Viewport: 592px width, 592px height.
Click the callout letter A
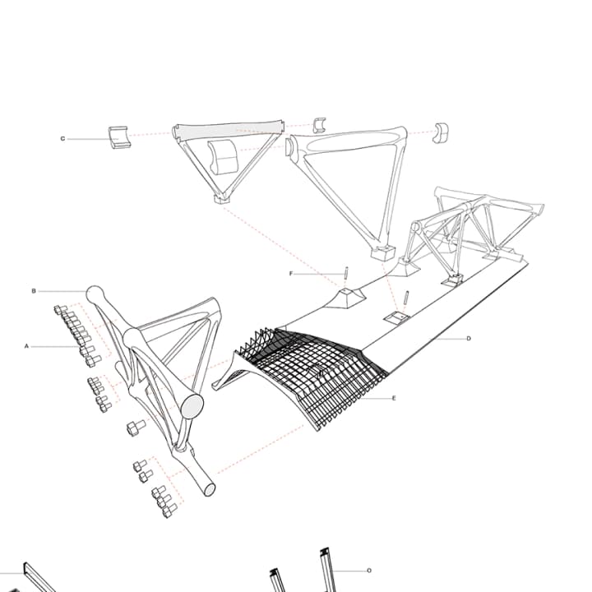[26, 347]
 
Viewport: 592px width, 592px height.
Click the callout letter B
[34, 291]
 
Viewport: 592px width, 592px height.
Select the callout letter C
[62, 139]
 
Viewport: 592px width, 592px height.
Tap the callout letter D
[468, 339]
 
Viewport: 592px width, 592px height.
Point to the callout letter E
[394, 399]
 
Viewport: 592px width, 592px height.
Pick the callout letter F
[290, 273]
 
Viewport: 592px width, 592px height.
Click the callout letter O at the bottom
[369, 570]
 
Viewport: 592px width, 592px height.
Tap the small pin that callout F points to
[348, 273]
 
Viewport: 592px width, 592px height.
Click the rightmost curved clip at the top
[442, 132]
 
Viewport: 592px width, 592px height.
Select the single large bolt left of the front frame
[135, 428]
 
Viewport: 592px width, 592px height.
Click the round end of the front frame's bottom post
[209, 489]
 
